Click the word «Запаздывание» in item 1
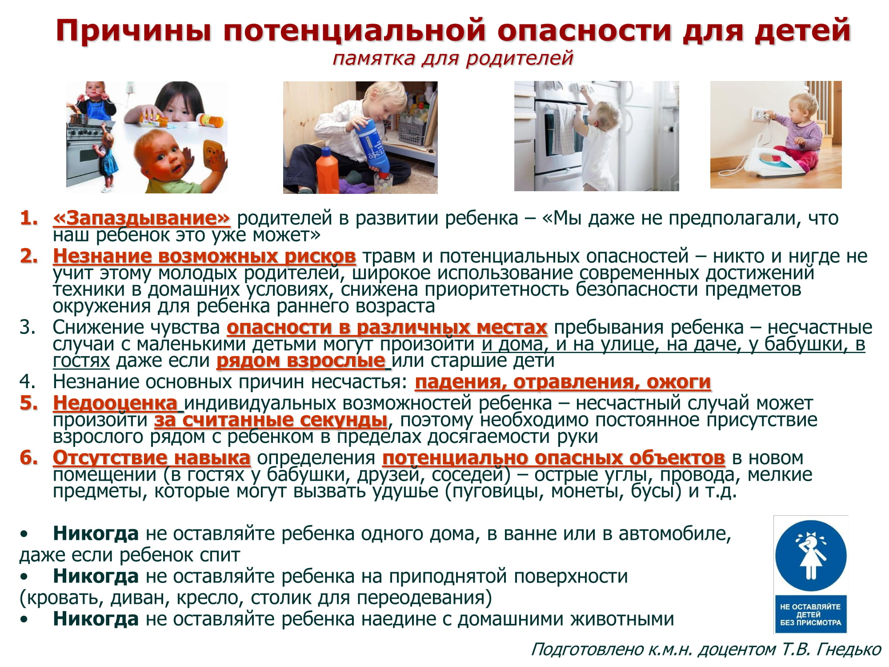141,218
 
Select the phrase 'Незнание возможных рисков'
204,256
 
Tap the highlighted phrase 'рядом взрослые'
301,361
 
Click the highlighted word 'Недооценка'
115,403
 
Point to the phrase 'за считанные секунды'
271,420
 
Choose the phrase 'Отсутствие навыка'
152,458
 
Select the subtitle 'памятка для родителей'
453,58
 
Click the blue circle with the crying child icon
811,556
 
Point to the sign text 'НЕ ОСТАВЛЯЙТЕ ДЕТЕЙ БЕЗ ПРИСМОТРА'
811,615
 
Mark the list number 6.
29,458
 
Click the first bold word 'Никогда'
96,534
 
